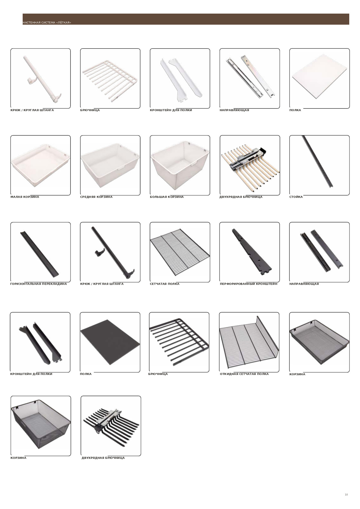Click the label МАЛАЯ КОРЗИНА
pyautogui.click(x=25, y=197)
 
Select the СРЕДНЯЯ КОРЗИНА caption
pyautogui.click(x=96, y=197)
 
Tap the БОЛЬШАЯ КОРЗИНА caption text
pyautogui.click(x=167, y=197)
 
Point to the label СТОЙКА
pyautogui.click(x=296, y=197)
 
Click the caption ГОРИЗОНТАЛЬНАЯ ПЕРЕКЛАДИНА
pyautogui.click(x=39, y=284)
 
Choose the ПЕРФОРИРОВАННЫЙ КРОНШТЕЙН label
pyautogui.click(x=249, y=284)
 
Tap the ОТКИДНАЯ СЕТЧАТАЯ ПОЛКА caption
pyautogui.click(x=244, y=374)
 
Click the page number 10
pyautogui.click(x=346, y=494)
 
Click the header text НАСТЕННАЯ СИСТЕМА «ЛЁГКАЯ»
pyautogui.click(x=47, y=23)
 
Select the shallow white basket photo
pyautogui.click(x=40, y=166)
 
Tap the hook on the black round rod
pyautogui.click(x=99, y=253)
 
